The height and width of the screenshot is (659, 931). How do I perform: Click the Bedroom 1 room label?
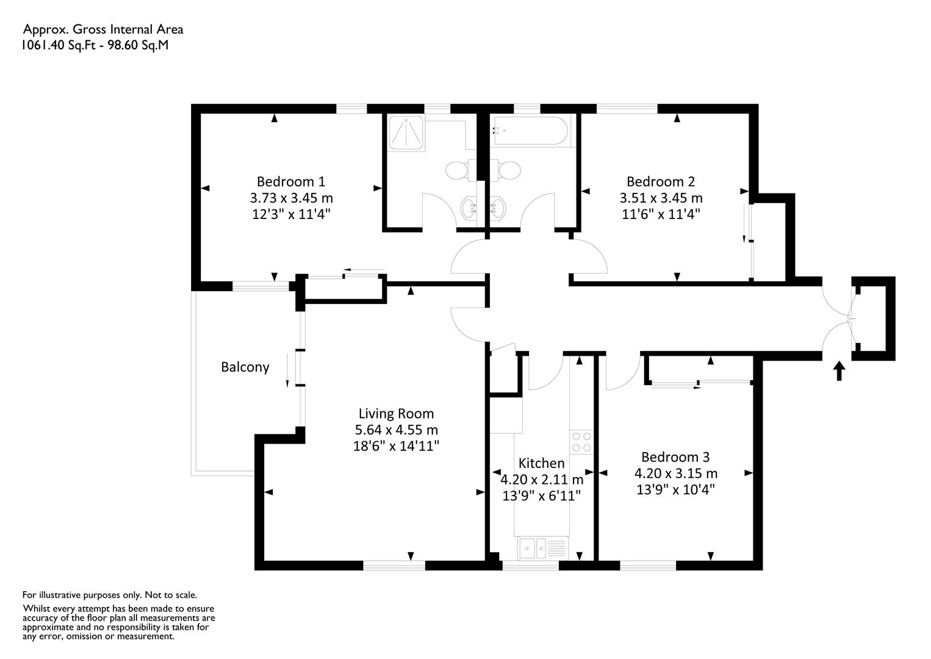[291, 182]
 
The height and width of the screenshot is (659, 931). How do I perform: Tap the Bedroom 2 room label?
[661, 182]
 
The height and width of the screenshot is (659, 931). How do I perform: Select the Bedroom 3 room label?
[675, 457]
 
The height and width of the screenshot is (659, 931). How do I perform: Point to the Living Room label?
[396, 413]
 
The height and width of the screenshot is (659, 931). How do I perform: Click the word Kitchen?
[541, 463]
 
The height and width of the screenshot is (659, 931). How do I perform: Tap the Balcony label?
[245, 367]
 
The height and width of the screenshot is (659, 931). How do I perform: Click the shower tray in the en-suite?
[406, 133]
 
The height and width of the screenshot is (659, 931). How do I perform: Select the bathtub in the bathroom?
[530, 131]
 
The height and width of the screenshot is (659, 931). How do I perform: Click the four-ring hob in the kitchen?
[581, 442]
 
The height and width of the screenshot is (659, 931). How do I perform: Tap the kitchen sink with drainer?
[543, 548]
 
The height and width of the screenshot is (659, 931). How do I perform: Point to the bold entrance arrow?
[839, 371]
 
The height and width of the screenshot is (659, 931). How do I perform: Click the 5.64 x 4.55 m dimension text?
[396, 430]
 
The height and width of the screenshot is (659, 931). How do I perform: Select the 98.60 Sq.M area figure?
[138, 45]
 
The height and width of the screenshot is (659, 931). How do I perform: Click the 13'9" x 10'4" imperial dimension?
[675, 490]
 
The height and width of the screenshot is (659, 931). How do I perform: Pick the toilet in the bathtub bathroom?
[505, 170]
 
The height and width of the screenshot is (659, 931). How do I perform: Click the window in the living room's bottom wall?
[394, 565]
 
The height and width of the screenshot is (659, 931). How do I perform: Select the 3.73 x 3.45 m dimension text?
[291, 198]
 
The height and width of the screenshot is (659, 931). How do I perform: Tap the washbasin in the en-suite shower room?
[469, 207]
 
